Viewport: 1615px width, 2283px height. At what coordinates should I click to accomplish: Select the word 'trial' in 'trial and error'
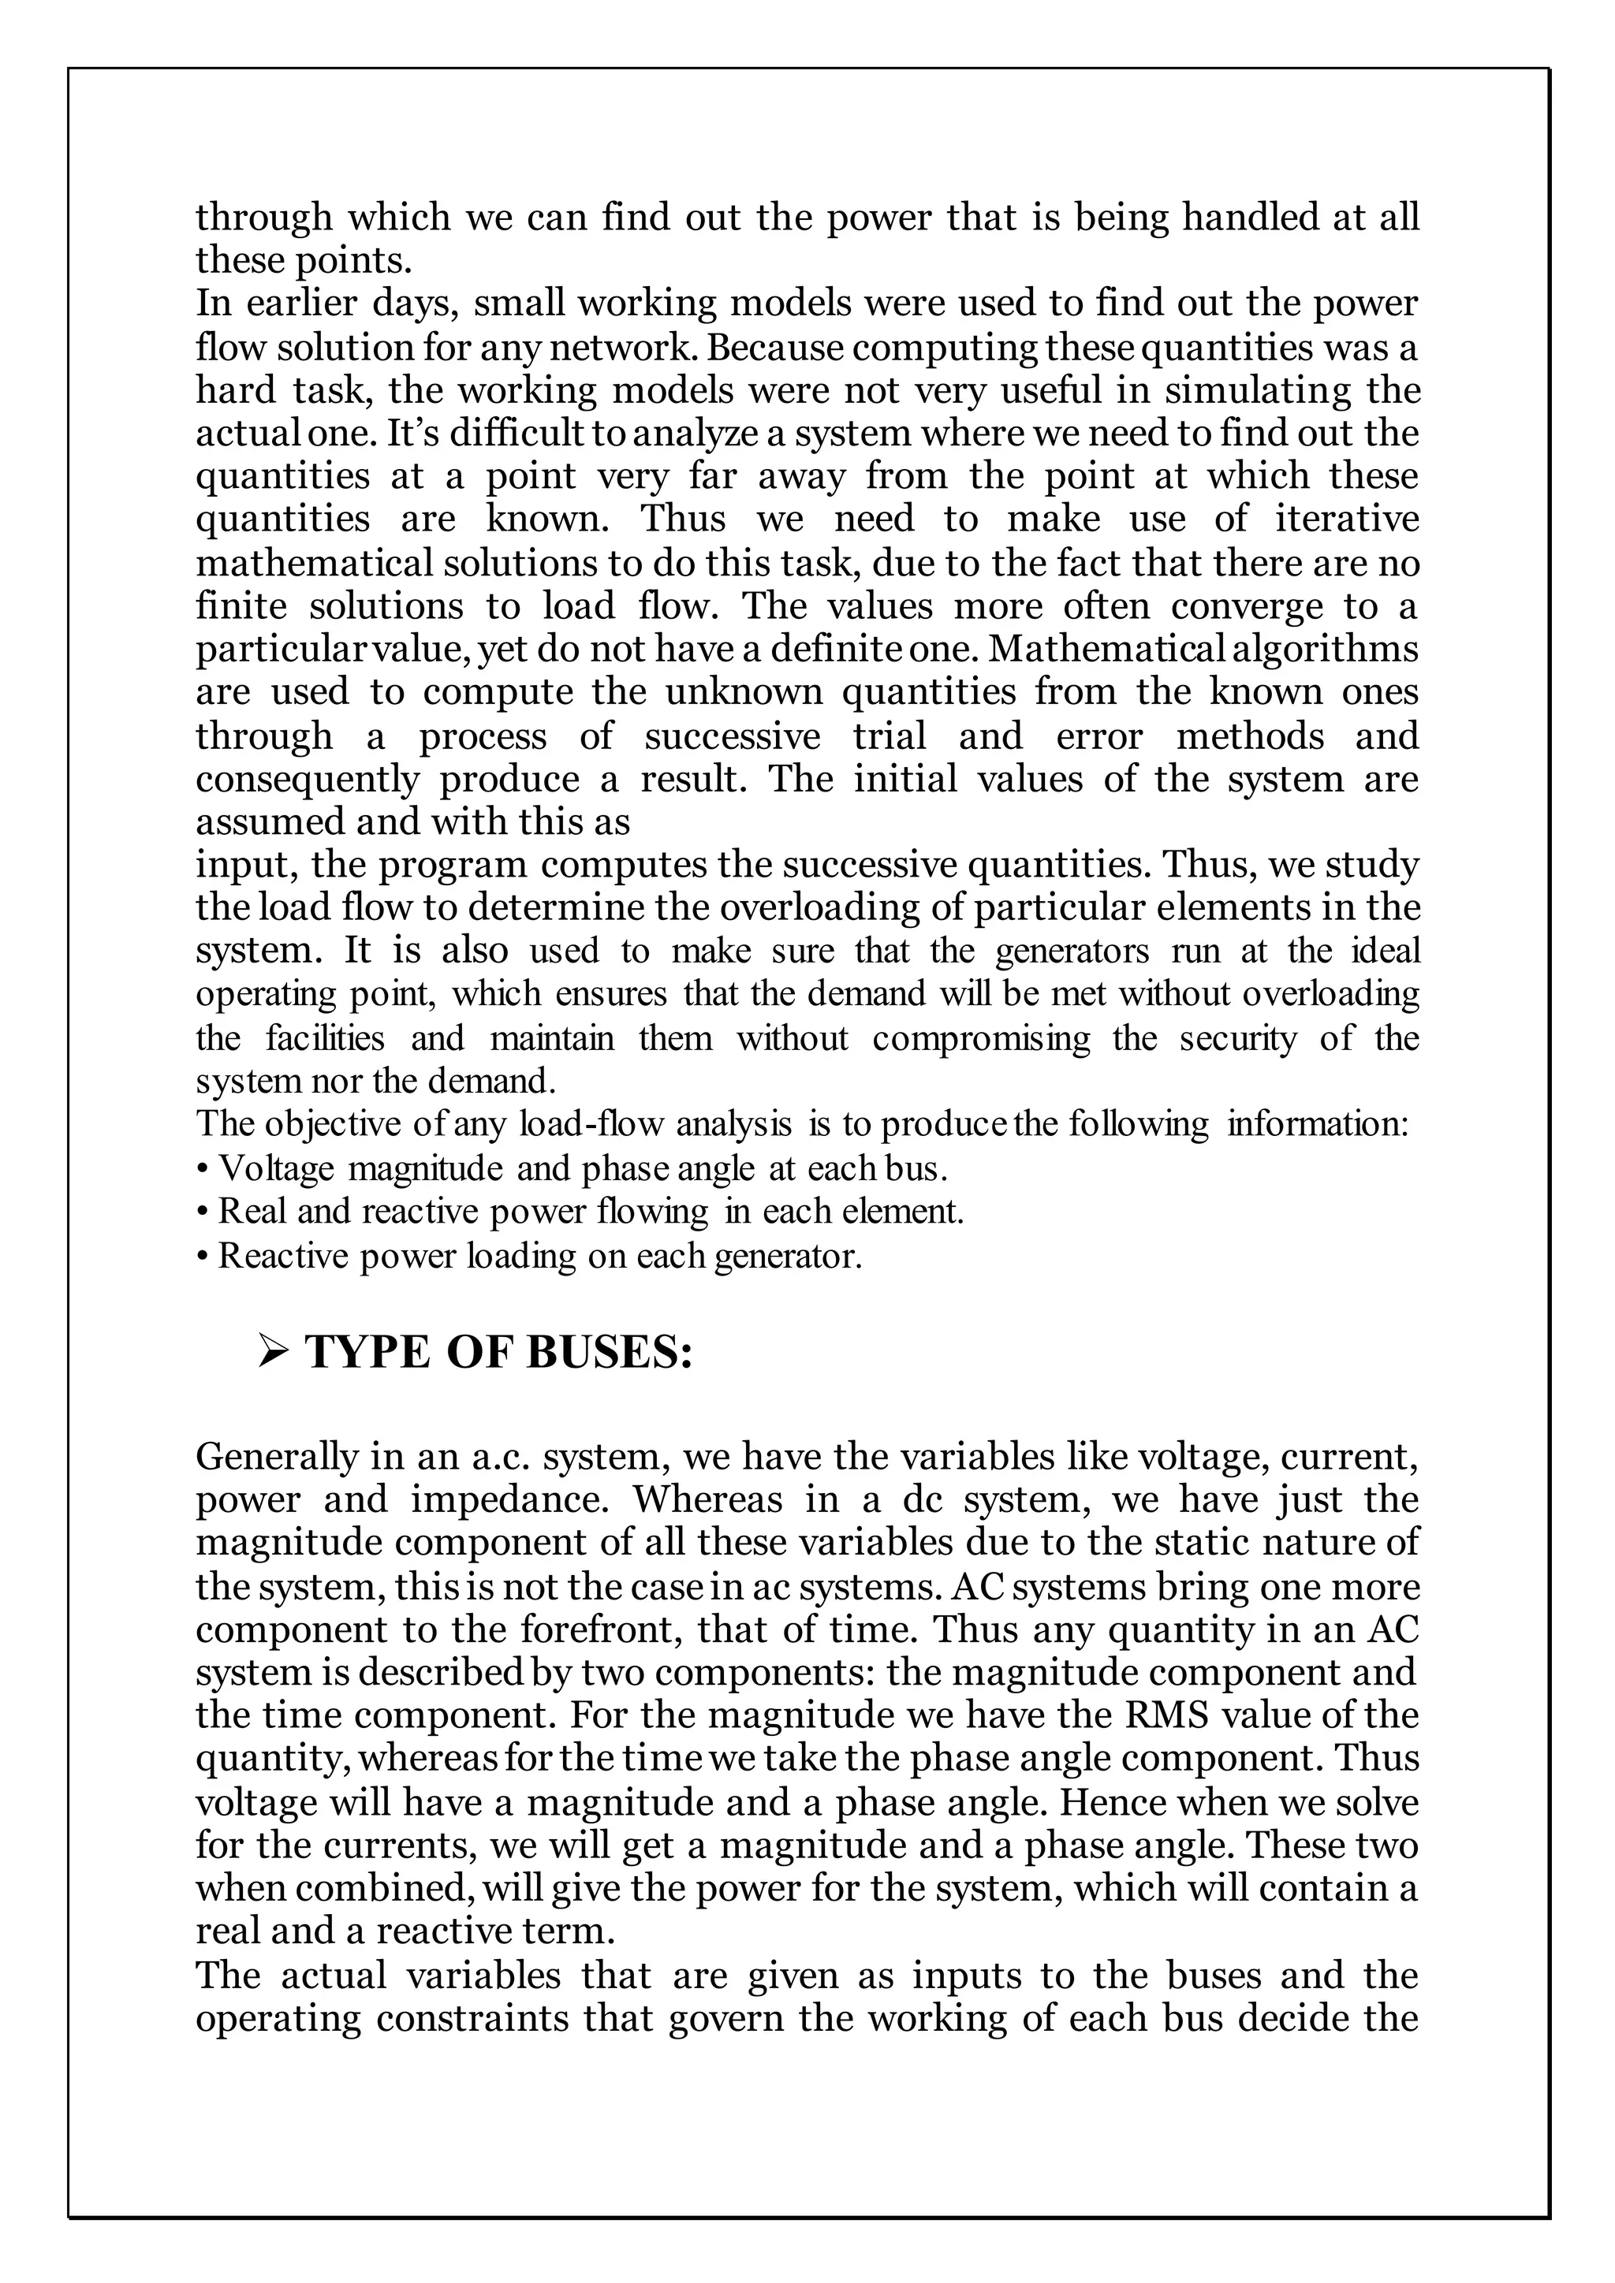[889, 735]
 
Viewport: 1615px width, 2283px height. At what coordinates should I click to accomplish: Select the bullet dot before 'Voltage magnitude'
[203, 1168]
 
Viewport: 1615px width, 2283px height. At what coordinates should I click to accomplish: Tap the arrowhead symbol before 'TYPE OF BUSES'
[271, 1352]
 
